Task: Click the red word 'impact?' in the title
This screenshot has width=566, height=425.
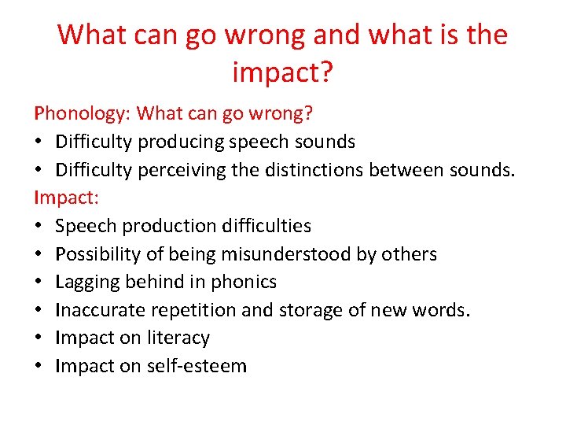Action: tap(283, 72)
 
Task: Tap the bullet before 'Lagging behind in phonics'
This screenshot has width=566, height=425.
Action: tap(39, 283)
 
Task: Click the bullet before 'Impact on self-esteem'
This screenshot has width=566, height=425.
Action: tap(39, 367)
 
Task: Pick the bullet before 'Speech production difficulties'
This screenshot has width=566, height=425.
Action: tap(39, 227)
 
